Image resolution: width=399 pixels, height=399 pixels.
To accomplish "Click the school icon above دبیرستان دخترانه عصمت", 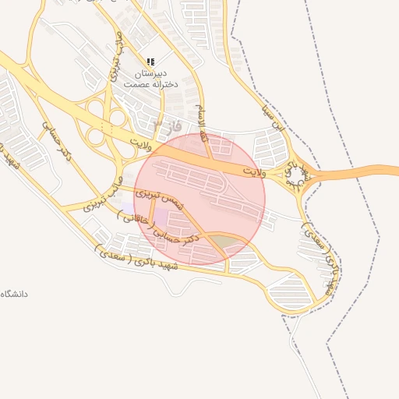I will [151, 61].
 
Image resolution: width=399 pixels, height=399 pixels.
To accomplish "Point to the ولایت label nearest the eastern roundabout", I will [255, 169].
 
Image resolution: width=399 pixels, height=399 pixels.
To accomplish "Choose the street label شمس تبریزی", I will [159, 197].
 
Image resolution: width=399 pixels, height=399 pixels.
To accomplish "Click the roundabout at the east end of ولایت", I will [297, 174].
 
